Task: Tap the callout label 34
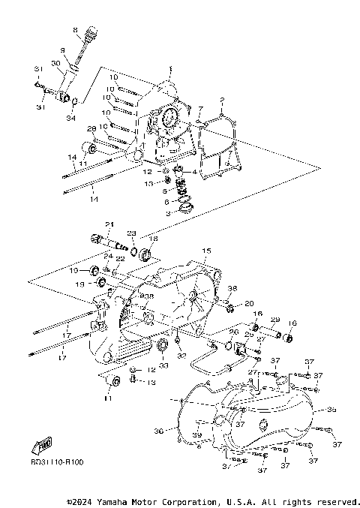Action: coord(70,118)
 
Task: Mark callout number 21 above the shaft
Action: coord(108,224)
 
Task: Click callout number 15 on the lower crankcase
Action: coord(206,250)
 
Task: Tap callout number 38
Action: coord(232,288)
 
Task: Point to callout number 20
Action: coord(249,304)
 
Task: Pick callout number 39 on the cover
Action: coord(196,435)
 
